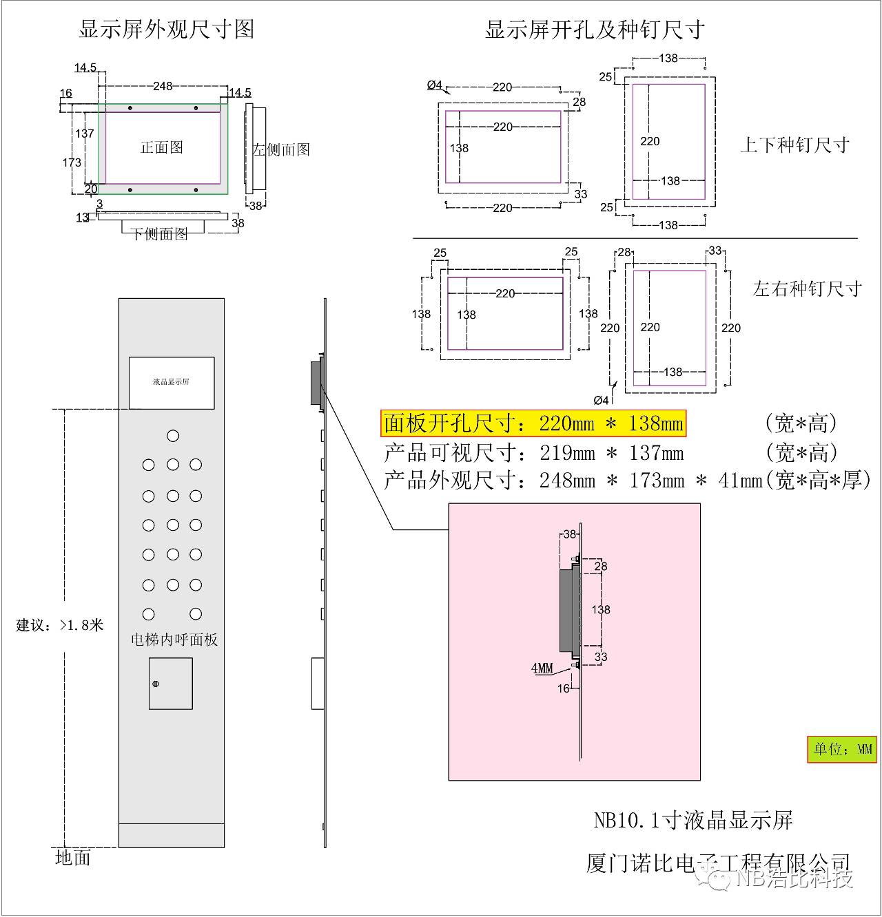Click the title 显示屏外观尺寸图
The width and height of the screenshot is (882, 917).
(x=166, y=29)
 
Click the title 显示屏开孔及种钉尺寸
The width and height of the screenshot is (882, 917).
(x=595, y=30)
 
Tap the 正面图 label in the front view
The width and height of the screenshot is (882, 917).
(x=162, y=147)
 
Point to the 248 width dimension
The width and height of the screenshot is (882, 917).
(x=163, y=86)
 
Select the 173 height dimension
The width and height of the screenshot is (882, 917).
(x=72, y=162)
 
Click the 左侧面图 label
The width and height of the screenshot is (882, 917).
(x=281, y=149)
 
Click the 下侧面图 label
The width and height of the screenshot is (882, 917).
(x=160, y=234)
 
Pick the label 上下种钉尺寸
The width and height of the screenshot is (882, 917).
(x=794, y=145)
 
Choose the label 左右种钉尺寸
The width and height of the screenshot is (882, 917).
(x=807, y=288)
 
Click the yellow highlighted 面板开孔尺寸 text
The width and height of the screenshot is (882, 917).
(x=533, y=423)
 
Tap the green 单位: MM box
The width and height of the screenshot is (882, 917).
(x=843, y=749)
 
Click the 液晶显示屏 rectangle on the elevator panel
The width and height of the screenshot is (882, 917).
(x=171, y=383)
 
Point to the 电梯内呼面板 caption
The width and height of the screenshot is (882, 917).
(x=174, y=640)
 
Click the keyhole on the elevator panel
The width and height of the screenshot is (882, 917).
(x=156, y=684)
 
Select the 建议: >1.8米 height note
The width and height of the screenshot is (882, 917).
(x=60, y=625)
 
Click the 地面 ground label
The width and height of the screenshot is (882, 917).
(x=73, y=858)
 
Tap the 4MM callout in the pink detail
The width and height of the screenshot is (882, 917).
(x=542, y=668)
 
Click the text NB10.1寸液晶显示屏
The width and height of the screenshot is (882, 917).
(x=693, y=820)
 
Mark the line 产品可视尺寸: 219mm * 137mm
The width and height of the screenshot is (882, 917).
(x=533, y=452)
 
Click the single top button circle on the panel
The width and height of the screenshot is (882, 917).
(x=173, y=436)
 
